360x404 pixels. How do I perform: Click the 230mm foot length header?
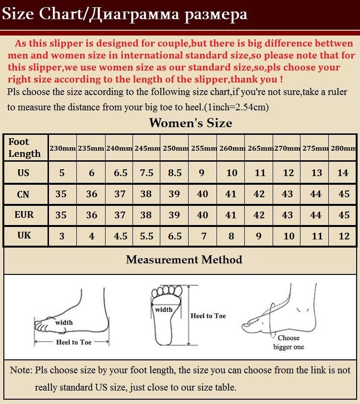tap(62, 148)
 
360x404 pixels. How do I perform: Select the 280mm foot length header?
tap(344, 148)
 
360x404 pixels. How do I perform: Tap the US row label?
tap(23, 173)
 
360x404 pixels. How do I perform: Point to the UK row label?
tap(24, 235)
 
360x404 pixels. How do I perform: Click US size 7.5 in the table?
tap(146, 173)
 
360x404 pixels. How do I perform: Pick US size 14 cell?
tap(343, 173)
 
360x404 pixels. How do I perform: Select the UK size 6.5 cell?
tap(175, 236)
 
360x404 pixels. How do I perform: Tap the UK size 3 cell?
tap(62, 236)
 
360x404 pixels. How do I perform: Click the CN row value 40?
tap(202, 194)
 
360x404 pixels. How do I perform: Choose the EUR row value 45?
tap(344, 215)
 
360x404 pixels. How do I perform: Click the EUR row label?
tap(24, 214)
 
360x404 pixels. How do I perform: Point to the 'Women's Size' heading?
tap(191, 123)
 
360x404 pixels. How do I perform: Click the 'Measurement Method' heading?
tap(184, 260)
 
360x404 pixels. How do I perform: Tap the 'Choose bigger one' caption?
tap(288, 343)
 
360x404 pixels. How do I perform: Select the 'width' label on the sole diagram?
tap(164, 309)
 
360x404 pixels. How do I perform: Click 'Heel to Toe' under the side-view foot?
tap(74, 342)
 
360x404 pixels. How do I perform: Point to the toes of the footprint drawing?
tap(167, 291)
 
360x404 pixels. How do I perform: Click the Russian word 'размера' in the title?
tap(216, 15)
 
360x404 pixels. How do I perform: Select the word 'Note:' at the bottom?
tap(21, 370)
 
